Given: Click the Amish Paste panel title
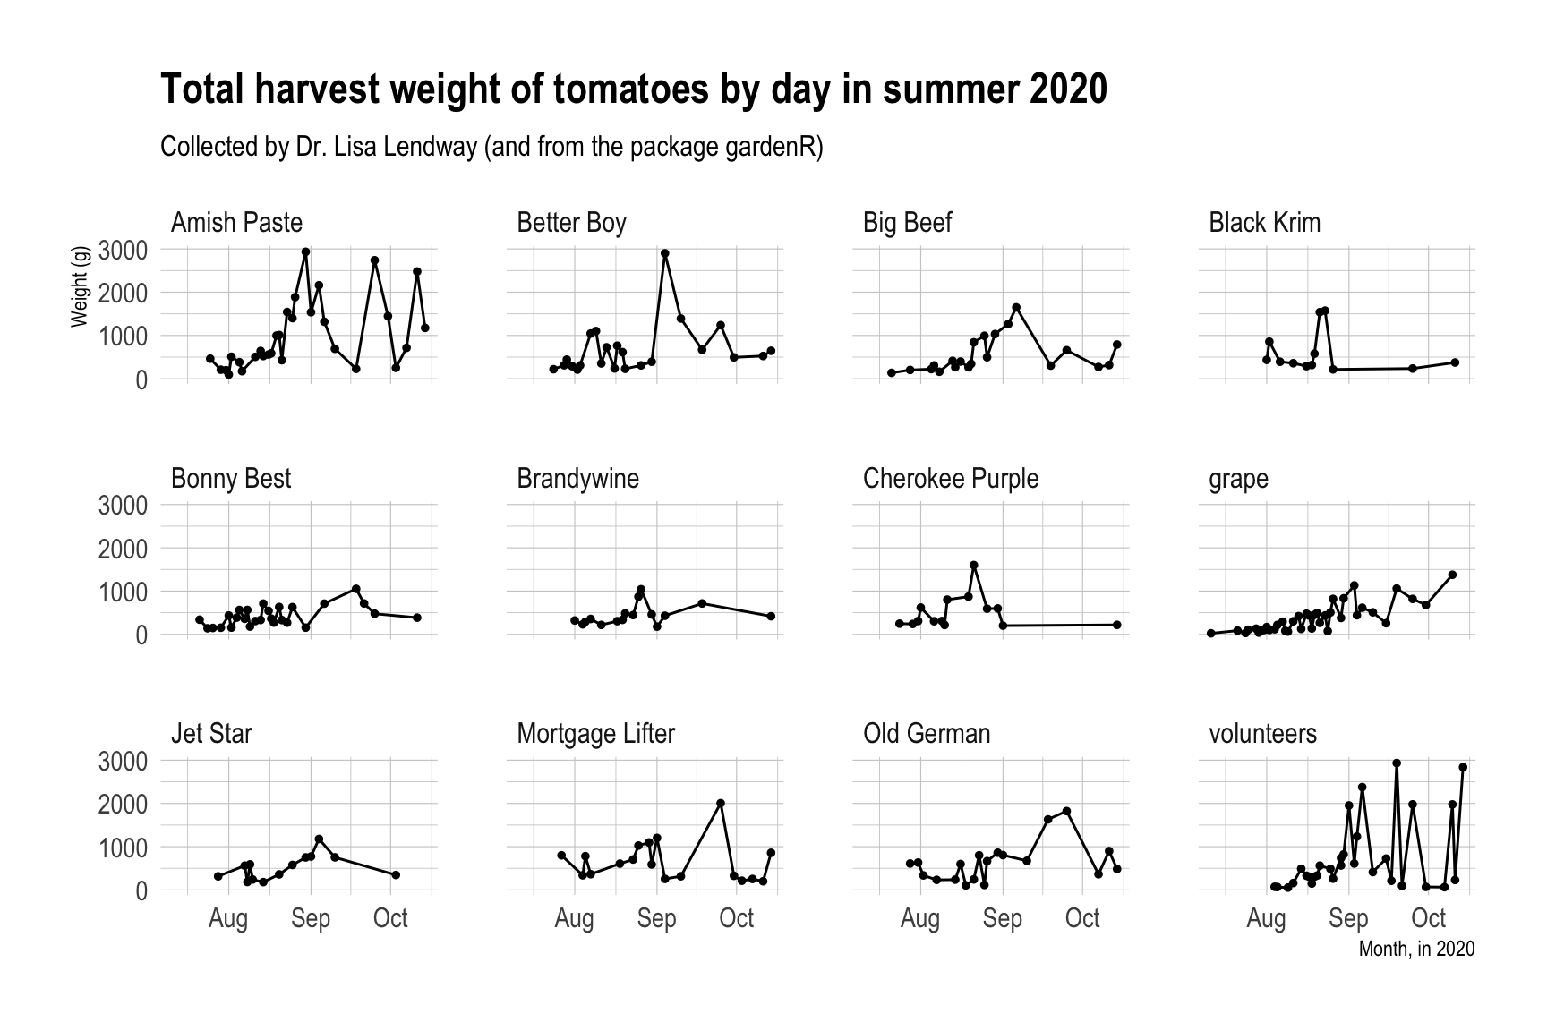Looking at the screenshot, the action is tap(236, 222).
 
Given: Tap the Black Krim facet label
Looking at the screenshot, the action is tap(1264, 222).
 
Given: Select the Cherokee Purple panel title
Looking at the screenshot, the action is tap(951, 479).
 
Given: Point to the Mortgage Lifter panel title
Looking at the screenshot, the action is tap(595, 734).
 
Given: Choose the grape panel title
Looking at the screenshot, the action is tap(1238, 480).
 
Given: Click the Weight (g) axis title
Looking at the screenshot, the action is tap(81, 286).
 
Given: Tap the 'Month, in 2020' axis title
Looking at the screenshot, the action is tap(1416, 949).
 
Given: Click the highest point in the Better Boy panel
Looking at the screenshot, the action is tap(665, 253).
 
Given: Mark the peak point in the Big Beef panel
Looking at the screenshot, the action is tap(1016, 308).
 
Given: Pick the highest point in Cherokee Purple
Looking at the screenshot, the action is tap(974, 566).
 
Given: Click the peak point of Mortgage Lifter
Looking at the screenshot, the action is tap(721, 804).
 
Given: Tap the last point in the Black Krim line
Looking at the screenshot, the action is tap(1455, 362).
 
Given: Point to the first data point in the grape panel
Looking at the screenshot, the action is tap(1210, 634).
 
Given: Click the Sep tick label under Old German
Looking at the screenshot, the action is tap(1003, 918).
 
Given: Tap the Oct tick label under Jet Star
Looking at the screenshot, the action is tap(390, 918).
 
